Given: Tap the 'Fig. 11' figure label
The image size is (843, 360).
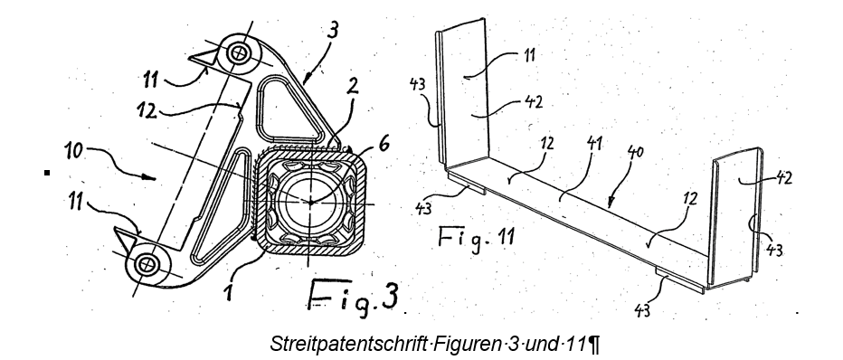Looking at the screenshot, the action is tap(476, 236).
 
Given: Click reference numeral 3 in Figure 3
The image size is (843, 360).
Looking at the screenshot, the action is tap(334, 30).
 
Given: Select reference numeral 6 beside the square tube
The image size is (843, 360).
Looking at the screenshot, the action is tap(386, 144).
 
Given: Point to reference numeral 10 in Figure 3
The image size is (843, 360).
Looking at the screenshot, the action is tap(75, 150).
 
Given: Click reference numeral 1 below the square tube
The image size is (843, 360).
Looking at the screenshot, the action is tap(229, 293).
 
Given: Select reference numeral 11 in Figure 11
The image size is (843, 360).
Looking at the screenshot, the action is tap(528, 55).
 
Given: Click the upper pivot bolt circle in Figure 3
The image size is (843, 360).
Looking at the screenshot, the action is tap(237, 52).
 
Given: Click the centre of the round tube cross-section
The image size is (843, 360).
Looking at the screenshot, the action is tap(310, 202).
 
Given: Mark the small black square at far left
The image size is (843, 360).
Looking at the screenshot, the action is tap(47, 173).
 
